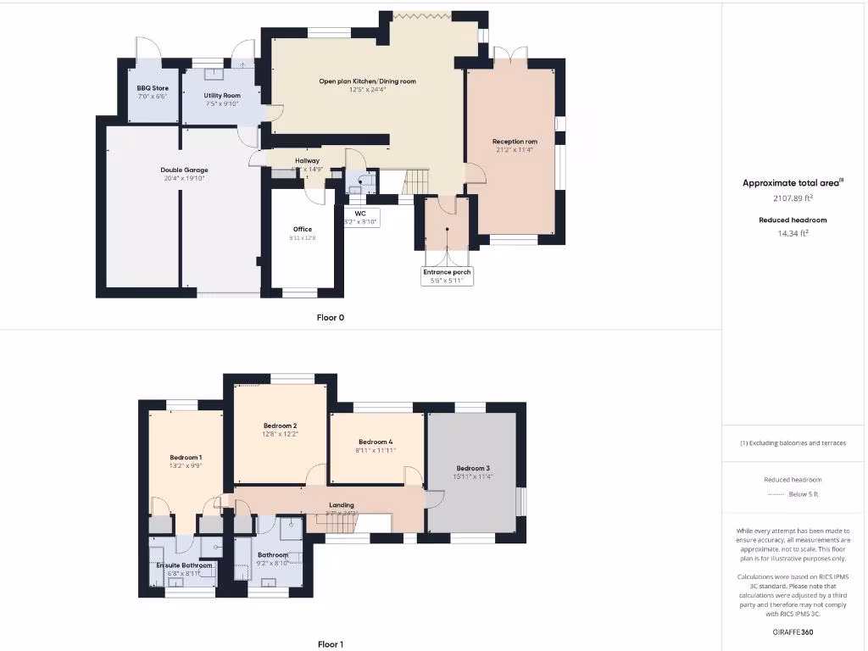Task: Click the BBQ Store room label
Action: click(x=153, y=88)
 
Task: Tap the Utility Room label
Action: click(x=222, y=96)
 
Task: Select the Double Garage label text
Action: click(x=184, y=170)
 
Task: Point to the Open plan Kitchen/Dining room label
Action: click(x=367, y=81)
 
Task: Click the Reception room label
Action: click(x=515, y=142)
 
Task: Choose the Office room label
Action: click(x=303, y=229)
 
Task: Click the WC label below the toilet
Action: click(x=360, y=214)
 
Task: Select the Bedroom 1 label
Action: click(x=185, y=457)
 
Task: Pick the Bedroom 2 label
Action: click(x=280, y=426)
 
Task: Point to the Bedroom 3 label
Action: click(x=473, y=468)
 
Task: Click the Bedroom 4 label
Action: click(x=376, y=442)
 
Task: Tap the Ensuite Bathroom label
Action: click(x=184, y=565)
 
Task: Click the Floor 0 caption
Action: click(x=331, y=318)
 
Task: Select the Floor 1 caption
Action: click(x=331, y=644)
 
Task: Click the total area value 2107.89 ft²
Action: click(x=793, y=198)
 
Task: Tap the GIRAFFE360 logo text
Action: click(x=793, y=632)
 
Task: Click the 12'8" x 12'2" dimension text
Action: click(x=280, y=434)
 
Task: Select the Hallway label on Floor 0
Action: click(x=307, y=160)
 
